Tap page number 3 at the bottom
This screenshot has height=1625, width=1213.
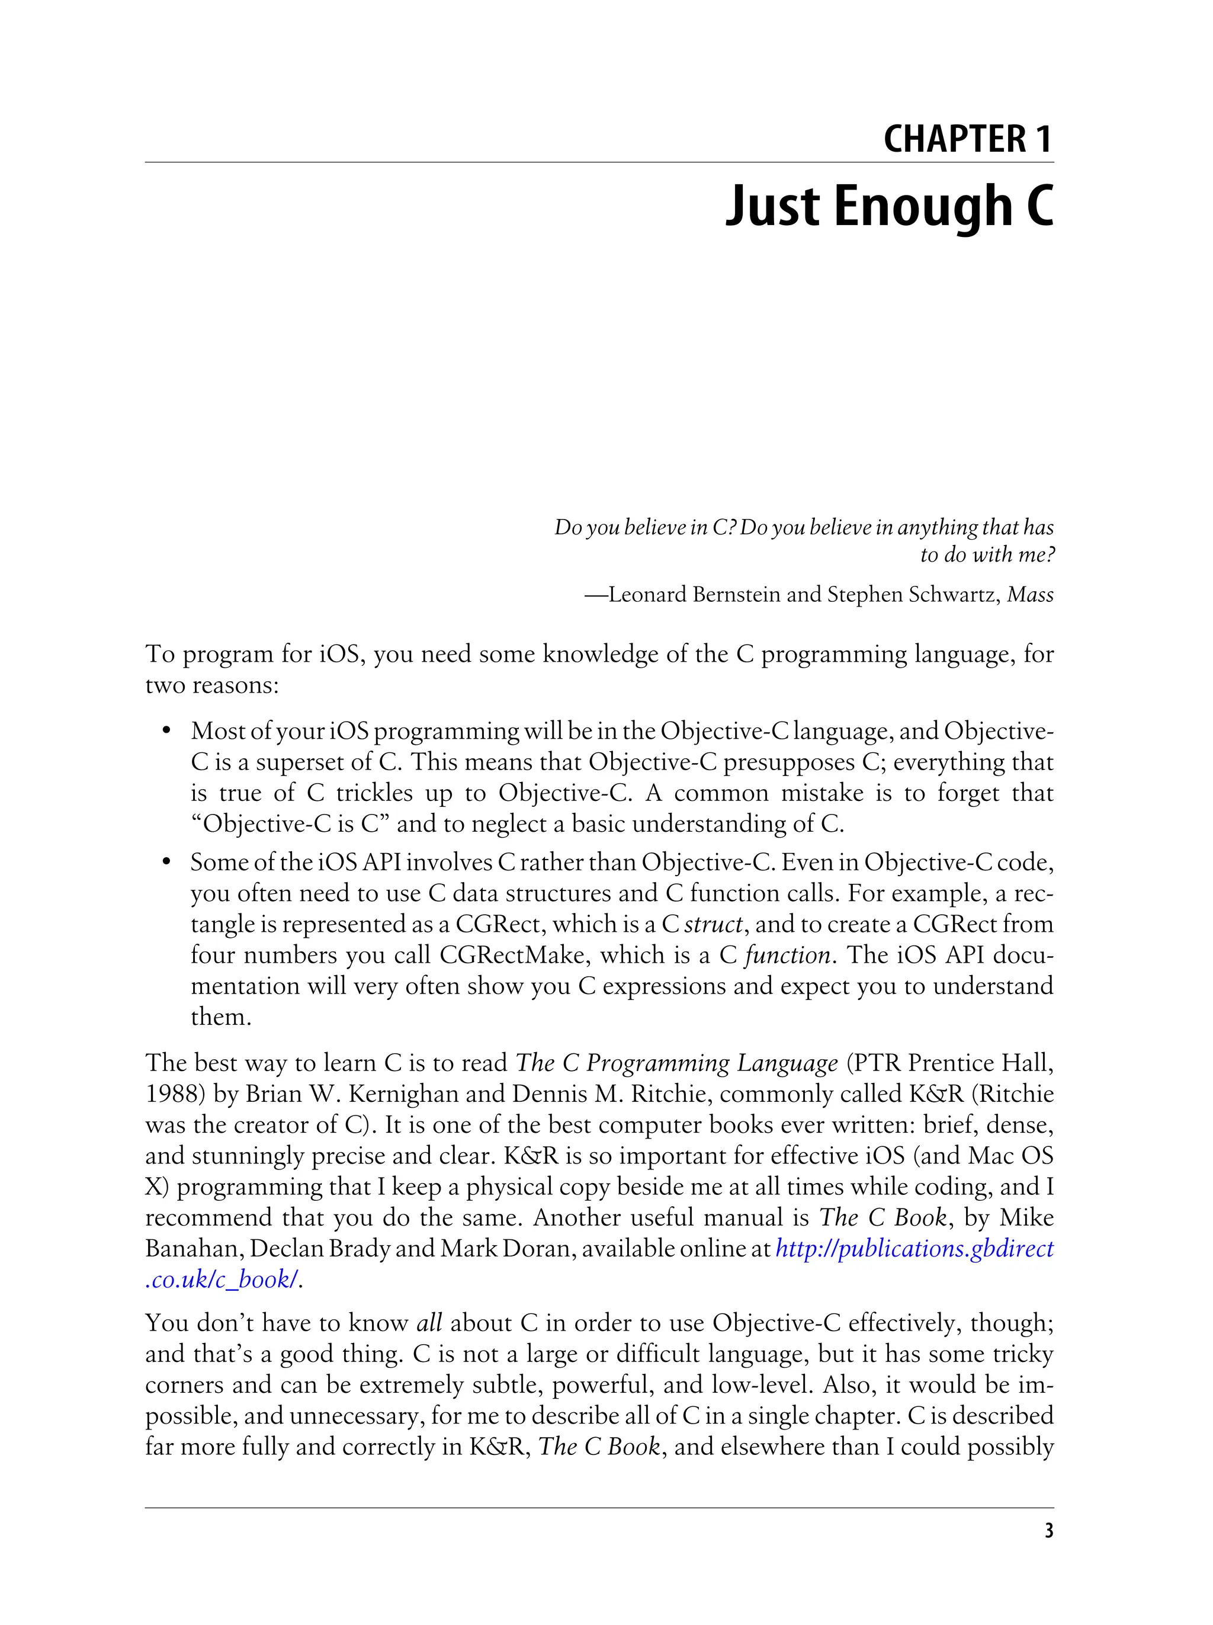tap(1048, 1530)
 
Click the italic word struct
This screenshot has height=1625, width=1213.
tap(713, 924)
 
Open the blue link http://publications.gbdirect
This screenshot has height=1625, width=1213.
tap(914, 1248)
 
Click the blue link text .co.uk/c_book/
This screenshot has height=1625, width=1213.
tap(221, 1279)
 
